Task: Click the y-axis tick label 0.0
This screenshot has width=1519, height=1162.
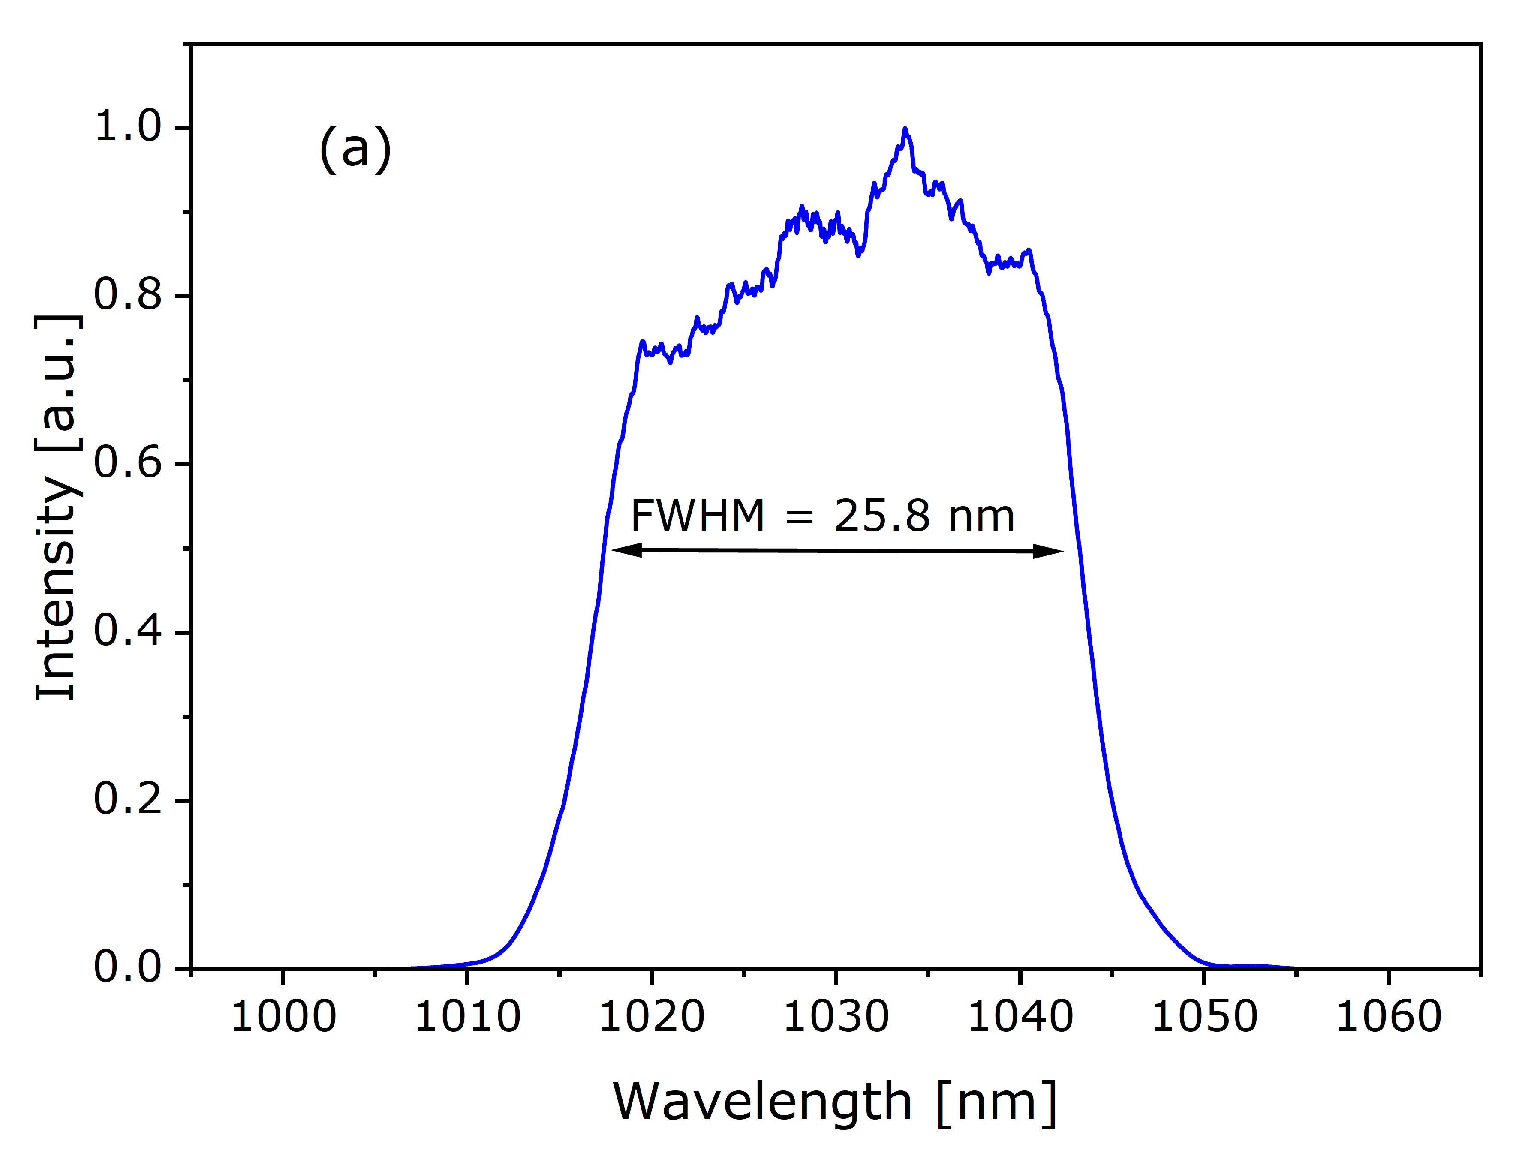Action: [127, 968]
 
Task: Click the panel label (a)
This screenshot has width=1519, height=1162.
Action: [355, 150]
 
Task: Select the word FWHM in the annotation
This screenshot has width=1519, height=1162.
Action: [697, 516]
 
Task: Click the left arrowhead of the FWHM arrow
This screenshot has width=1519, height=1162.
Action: [625, 550]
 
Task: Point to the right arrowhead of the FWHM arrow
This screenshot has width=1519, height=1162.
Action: [1050, 551]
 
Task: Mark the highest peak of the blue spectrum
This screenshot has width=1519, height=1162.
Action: [905, 129]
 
